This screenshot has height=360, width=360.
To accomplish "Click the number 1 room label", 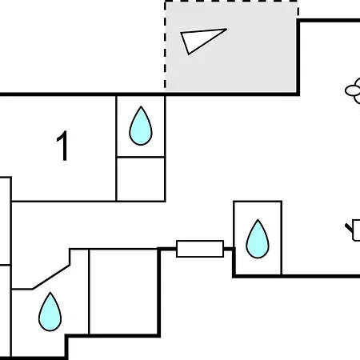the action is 63,146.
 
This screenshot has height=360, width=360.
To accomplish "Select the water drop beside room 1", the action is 141,126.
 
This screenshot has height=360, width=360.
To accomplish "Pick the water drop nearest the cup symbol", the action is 258,239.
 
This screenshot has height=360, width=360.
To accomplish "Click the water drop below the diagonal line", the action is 50,312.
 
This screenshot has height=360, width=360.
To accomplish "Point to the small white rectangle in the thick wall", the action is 200,249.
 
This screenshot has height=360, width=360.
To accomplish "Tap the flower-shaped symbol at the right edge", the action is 353,90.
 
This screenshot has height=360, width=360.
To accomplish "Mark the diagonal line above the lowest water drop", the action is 51,277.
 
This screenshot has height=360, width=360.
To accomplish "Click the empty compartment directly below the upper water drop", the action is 141,179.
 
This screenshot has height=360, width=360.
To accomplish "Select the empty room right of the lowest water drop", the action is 123,291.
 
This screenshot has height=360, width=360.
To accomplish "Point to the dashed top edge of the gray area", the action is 231,2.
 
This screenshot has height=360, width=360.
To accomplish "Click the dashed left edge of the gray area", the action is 166,46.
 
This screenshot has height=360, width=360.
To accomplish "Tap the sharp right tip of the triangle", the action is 226,29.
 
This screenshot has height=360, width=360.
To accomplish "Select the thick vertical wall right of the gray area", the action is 298,57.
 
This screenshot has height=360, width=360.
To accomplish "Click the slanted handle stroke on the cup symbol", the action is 349,228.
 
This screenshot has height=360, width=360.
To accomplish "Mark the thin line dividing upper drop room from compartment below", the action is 141,157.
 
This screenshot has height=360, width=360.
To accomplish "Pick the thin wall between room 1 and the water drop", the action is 116,148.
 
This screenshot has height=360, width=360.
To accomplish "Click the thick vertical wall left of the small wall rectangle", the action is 159,292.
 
